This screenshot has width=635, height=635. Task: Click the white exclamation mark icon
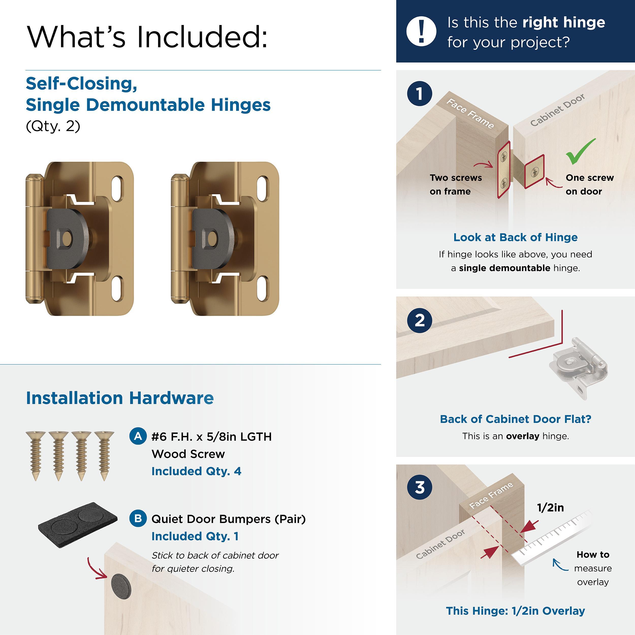(421, 31)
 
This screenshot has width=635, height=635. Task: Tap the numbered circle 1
(419, 94)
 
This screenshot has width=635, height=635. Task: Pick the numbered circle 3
(419, 487)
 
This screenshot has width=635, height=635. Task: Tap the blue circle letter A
(138, 436)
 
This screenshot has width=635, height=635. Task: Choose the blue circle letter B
(138, 518)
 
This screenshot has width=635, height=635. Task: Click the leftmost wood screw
(36, 455)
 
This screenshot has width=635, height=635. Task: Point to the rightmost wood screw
(104, 455)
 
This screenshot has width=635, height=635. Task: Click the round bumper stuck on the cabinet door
(121, 587)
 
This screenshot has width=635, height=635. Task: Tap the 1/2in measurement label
(550, 508)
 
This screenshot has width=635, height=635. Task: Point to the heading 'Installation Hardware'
(120, 398)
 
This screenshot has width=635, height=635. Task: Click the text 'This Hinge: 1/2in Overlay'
(515, 611)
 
